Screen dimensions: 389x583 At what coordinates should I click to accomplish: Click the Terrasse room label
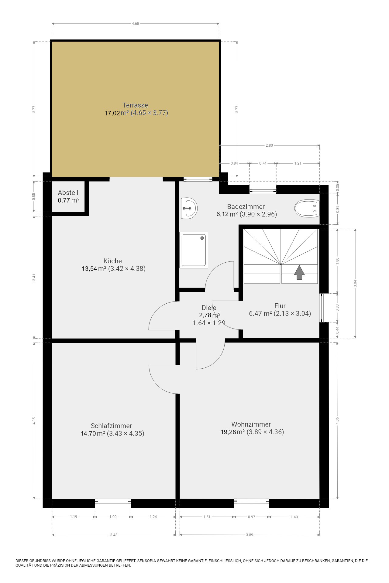[x=135, y=105]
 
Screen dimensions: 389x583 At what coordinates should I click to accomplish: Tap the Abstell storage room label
[x=68, y=193]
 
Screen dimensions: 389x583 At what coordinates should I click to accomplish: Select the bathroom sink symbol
[x=189, y=208]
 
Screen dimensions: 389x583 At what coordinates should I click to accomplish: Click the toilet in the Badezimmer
[x=307, y=208]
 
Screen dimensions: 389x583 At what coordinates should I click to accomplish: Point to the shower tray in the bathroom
[x=194, y=250]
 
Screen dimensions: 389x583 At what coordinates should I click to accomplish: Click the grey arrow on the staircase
[x=299, y=272]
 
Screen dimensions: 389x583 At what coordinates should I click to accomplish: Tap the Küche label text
[x=112, y=261]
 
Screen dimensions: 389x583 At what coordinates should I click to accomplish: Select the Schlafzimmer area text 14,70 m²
[x=93, y=433]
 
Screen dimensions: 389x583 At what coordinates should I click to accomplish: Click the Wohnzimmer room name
[x=251, y=424]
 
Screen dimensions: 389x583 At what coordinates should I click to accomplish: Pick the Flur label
[x=280, y=306]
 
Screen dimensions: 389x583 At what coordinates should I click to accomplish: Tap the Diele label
[x=209, y=308]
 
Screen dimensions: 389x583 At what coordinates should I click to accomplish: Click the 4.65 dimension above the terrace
[x=136, y=24]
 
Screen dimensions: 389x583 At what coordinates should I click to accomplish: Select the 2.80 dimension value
[x=269, y=145]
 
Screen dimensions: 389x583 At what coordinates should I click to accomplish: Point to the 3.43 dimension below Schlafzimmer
[x=114, y=535]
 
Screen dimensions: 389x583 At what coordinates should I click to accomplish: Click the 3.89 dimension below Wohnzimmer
[x=250, y=535]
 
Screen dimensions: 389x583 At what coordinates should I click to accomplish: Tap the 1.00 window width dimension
[x=113, y=517]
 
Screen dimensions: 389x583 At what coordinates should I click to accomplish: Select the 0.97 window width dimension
[x=252, y=517]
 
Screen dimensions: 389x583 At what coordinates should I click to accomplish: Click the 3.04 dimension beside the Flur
[x=355, y=283]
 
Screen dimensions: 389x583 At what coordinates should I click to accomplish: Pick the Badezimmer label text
[x=246, y=206]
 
